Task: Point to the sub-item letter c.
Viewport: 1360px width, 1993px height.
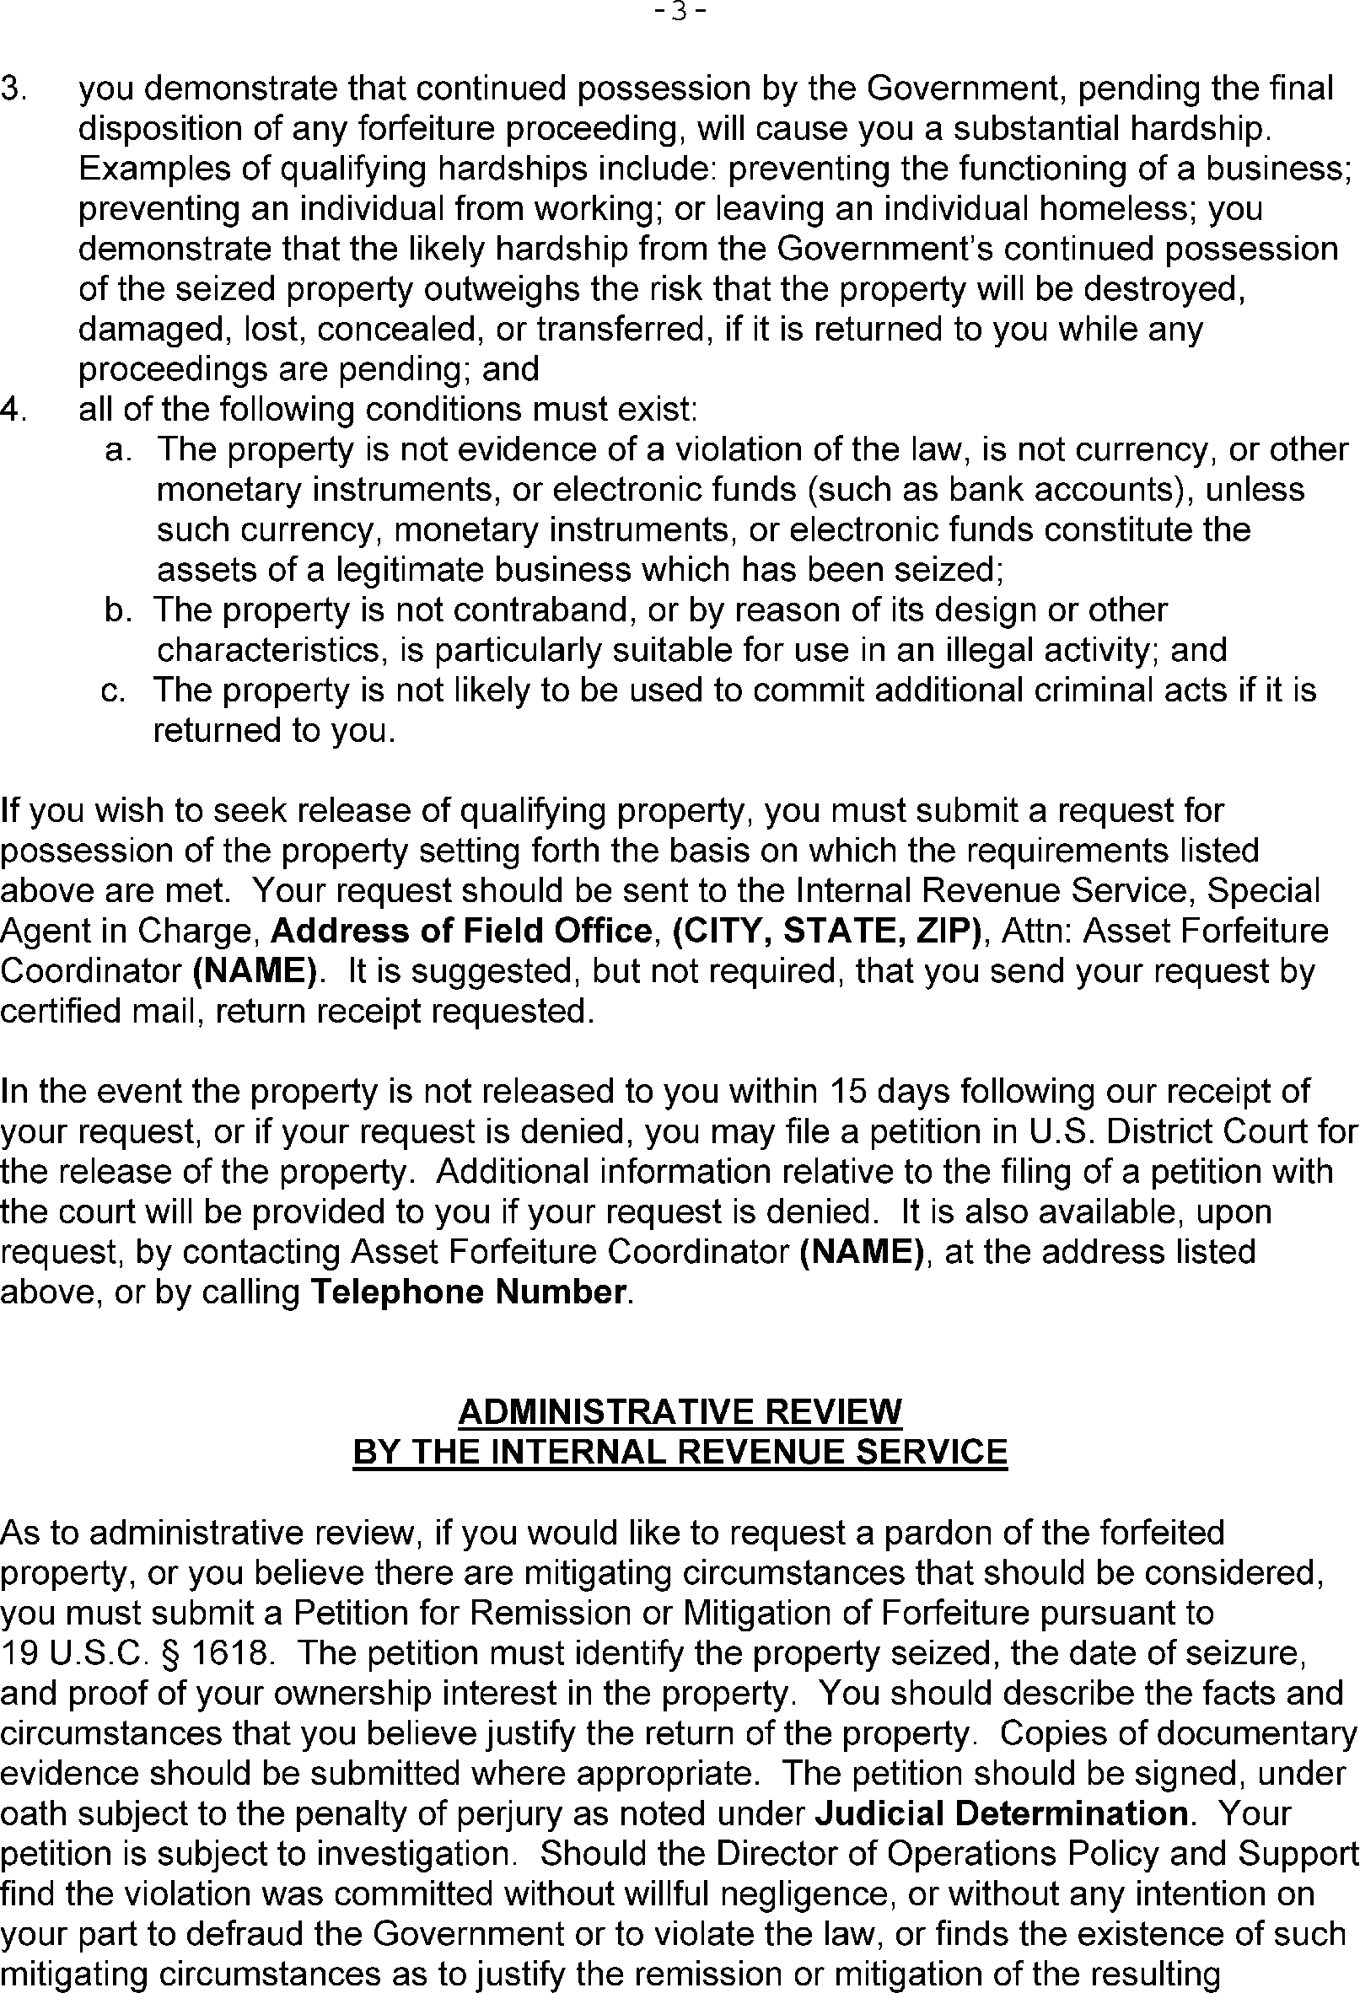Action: tap(114, 691)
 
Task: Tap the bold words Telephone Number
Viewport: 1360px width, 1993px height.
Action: tap(468, 1292)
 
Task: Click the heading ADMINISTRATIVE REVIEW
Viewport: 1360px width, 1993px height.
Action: tap(680, 1411)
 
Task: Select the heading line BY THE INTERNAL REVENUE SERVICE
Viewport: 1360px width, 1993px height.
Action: tap(680, 1452)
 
